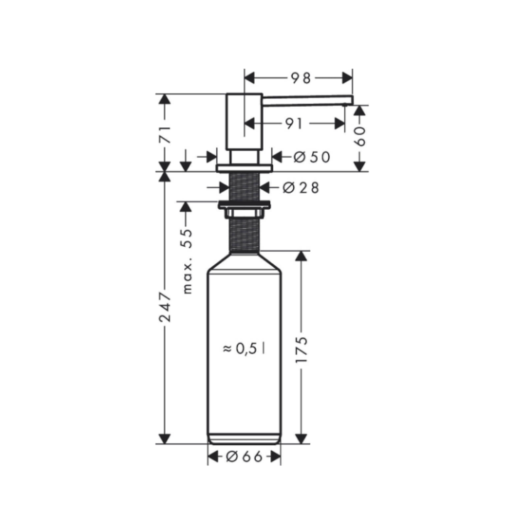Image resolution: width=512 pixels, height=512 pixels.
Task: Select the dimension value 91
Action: pos(294,123)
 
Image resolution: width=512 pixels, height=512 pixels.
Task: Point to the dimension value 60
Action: pos(360,135)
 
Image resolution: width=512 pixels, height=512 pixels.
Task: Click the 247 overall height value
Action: pos(165,306)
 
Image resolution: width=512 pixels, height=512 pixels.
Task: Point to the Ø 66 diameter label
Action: pos(244,457)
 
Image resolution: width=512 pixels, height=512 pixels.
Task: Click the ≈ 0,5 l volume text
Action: pos(244,348)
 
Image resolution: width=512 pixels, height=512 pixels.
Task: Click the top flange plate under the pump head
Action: pos(245,168)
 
